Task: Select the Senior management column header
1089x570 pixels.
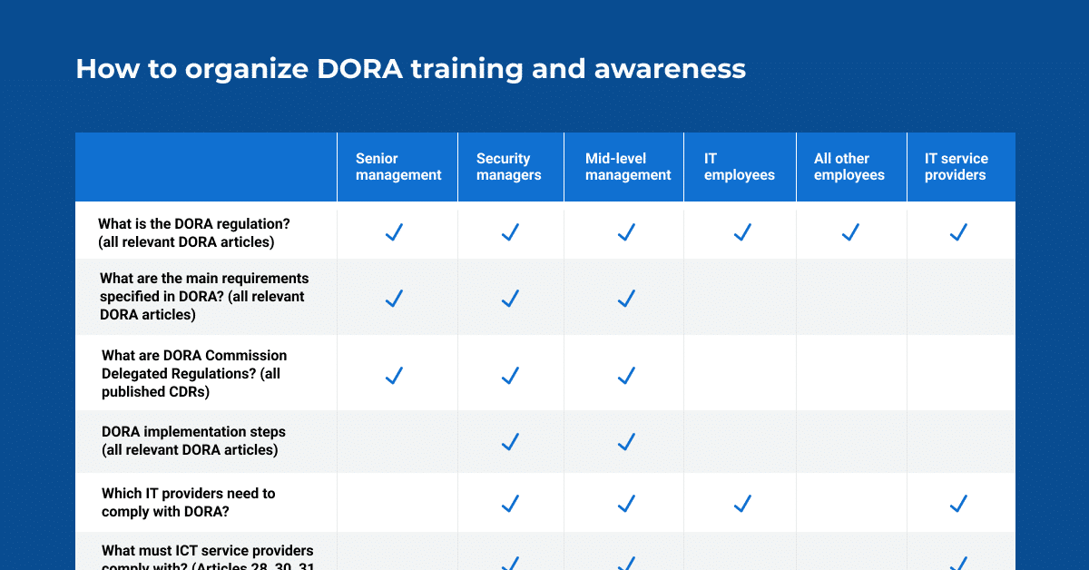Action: [398, 167]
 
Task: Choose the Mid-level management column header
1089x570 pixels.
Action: [628, 167]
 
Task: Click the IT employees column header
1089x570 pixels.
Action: [740, 167]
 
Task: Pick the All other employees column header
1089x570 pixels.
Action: [849, 167]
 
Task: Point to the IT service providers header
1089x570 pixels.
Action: [956, 167]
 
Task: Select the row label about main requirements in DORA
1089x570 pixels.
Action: [203, 297]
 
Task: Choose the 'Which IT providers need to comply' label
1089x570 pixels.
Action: [188, 502]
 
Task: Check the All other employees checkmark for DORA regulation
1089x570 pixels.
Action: [850, 232]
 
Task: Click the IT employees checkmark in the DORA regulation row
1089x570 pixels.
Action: [742, 232]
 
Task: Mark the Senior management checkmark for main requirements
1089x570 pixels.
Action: [394, 299]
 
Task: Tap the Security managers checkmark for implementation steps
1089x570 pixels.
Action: [510, 442]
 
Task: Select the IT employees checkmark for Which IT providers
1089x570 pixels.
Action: [742, 503]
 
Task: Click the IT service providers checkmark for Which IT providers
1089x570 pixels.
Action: [957, 503]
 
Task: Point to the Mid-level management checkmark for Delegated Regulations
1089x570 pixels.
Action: [626, 375]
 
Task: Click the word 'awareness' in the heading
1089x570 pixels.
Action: [670, 69]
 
